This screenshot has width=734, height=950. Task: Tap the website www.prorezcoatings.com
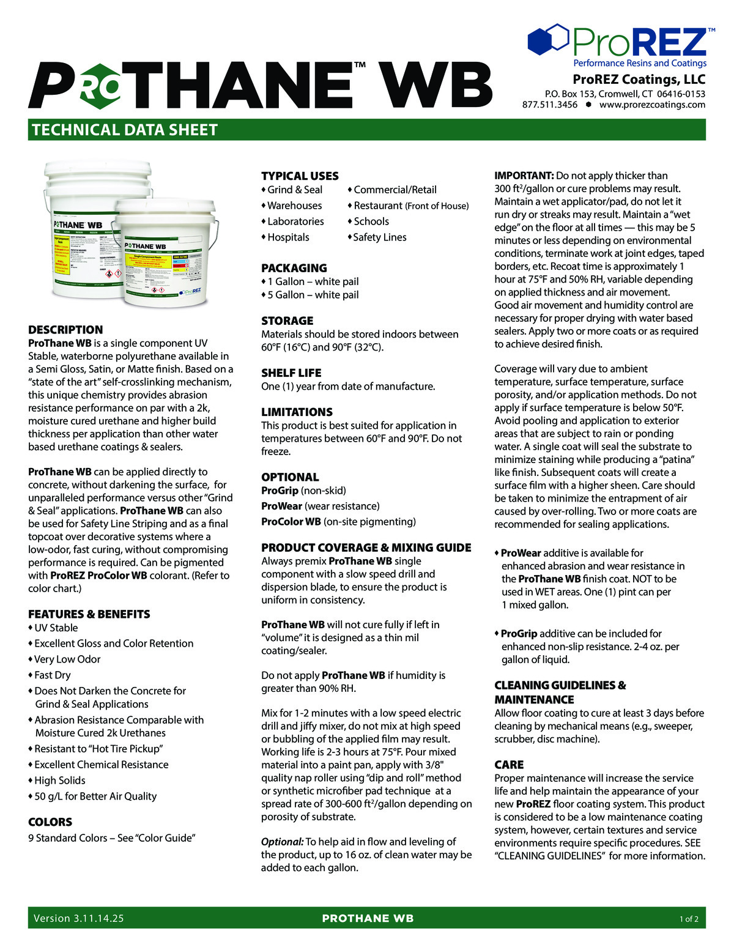click(x=652, y=105)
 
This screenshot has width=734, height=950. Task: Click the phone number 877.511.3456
click(x=549, y=105)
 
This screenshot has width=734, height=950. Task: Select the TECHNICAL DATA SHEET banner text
click(x=125, y=130)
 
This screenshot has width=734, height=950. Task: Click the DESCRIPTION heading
click(x=65, y=330)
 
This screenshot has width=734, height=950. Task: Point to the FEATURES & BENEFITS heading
click(x=89, y=614)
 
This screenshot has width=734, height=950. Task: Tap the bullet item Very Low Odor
click(x=67, y=659)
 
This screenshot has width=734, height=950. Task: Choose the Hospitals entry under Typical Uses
click(x=288, y=237)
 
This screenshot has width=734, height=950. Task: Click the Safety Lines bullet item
click(x=380, y=237)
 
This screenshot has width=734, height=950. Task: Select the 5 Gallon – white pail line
click(x=313, y=295)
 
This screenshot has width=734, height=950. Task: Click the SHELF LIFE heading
click(x=291, y=373)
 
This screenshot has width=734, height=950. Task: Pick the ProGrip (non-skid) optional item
click(x=303, y=491)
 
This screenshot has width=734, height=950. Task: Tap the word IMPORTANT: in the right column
click(x=524, y=176)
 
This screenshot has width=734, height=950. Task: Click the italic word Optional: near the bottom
click(x=282, y=842)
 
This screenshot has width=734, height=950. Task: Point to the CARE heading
click(x=509, y=765)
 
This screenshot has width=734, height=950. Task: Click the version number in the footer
click(x=79, y=918)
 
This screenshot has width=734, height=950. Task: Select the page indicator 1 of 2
click(x=689, y=919)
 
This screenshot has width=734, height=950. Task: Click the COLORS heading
click(x=50, y=822)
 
